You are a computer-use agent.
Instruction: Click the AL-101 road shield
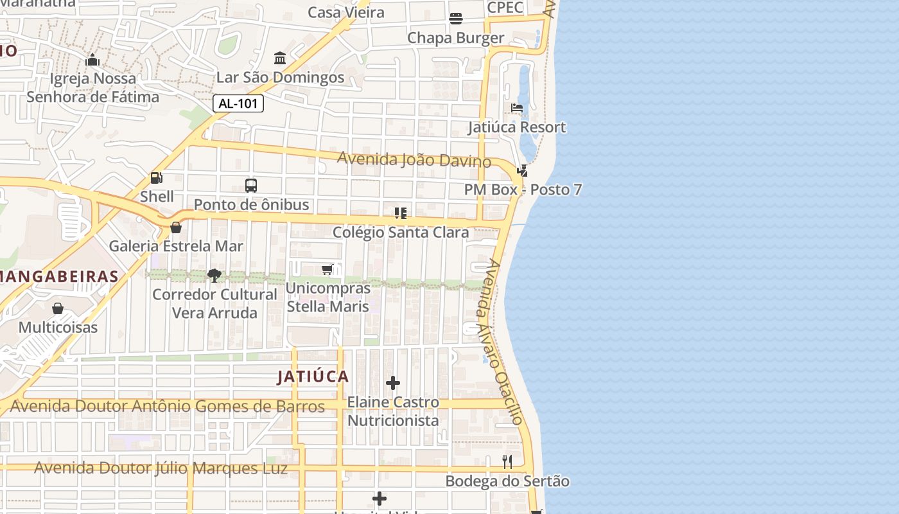238,103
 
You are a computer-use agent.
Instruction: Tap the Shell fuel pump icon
156,178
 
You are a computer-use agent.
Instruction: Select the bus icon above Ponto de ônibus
251,186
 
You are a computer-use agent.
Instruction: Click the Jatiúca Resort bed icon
517,108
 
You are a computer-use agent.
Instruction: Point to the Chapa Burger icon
456,19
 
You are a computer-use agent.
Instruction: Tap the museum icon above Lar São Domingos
280,58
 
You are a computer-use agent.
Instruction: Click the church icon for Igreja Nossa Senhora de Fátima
92,60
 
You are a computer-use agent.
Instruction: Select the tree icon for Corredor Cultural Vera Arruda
214,276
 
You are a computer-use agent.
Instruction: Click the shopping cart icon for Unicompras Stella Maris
327,269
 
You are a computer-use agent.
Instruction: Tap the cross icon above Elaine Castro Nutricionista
393,384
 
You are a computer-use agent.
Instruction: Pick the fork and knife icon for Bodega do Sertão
507,462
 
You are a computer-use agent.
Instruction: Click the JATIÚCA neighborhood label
313,377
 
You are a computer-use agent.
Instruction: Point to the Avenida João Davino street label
414,159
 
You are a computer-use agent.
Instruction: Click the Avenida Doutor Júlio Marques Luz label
161,468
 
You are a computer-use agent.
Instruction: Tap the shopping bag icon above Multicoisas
58,308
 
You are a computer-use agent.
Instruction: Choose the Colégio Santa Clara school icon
401,213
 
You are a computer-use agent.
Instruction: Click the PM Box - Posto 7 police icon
523,171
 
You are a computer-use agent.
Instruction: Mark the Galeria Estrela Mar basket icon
176,227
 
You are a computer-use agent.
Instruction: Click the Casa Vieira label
346,12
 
